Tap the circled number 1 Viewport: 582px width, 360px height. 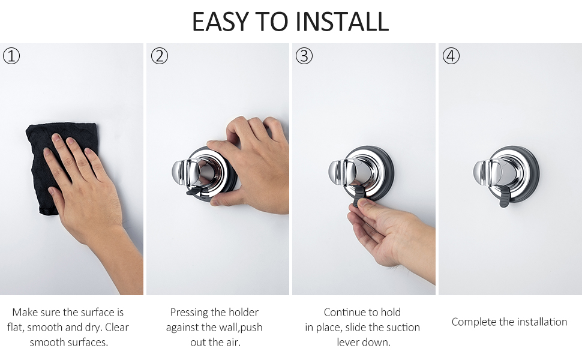click(11, 56)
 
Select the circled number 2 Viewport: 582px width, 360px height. click(159, 56)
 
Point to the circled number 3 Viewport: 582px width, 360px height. click(305, 56)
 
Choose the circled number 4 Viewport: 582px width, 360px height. click(451, 56)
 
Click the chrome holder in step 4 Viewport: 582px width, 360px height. click(507, 174)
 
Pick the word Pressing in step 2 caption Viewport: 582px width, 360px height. click(190, 312)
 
